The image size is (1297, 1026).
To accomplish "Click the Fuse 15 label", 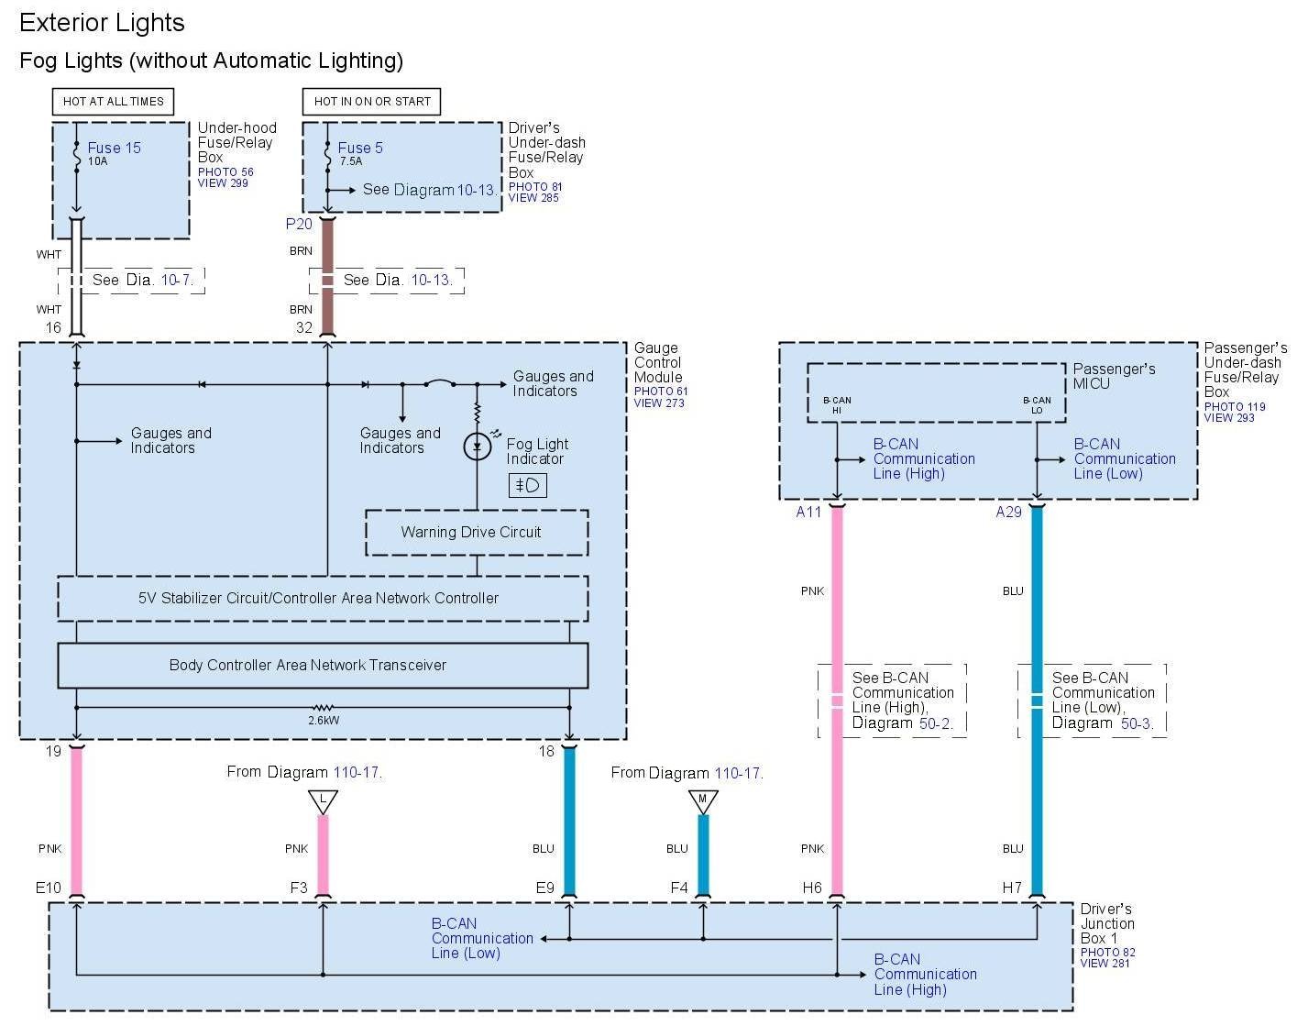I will (114, 148).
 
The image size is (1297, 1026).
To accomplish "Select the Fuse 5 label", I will (360, 148).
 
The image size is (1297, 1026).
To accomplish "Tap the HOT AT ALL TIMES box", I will (113, 102).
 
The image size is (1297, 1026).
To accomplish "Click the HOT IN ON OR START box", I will (372, 102).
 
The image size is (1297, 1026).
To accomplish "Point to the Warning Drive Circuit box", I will (477, 533).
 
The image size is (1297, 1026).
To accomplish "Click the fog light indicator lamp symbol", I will (477, 447).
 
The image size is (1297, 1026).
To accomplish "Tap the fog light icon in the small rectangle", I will (528, 485).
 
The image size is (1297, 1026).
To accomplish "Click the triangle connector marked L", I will (323, 801).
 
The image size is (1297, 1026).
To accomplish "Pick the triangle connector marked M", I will (703, 801).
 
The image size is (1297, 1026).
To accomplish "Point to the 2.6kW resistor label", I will (324, 721).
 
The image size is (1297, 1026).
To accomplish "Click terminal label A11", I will (808, 513).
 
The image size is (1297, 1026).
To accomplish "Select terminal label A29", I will (1008, 513).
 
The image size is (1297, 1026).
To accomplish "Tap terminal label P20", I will (299, 224).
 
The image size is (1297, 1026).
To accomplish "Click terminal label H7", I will (1012, 888).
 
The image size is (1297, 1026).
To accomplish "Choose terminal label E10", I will (49, 888).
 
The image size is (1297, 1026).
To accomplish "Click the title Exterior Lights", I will (102, 23).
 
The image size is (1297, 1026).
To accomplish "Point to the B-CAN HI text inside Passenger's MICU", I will (837, 405).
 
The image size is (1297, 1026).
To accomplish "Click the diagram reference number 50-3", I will (1136, 723).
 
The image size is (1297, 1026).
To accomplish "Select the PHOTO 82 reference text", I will (1107, 953).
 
